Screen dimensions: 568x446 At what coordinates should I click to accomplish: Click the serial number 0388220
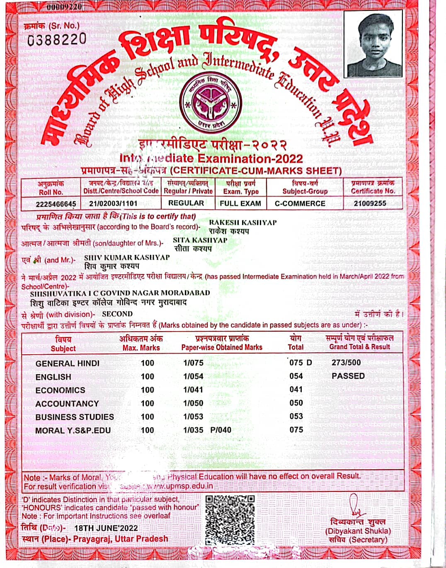point(57,39)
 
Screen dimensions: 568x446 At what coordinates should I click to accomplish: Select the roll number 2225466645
point(56,204)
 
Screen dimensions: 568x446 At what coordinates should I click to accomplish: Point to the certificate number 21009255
point(370,203)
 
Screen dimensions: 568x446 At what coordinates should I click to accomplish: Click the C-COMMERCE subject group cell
point(300,203)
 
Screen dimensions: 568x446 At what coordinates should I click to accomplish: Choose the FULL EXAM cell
point(240,203)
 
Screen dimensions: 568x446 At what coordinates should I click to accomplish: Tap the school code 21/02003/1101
point(113,204)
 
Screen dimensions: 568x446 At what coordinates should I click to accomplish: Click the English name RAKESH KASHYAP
point(242,222)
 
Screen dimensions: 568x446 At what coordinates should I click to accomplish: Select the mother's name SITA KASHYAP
point(200,240)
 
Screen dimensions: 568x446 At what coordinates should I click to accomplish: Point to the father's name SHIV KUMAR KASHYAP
point(127,257)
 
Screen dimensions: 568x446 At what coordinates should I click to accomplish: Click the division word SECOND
point(117,314)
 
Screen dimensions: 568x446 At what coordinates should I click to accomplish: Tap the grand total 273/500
point(346,363)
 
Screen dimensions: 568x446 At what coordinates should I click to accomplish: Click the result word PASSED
point(348,376)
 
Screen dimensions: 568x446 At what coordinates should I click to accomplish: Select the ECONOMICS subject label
point(60,390)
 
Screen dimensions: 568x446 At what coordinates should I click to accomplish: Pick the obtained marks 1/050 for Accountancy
point(193,403)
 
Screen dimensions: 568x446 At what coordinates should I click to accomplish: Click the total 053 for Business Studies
point(296,416)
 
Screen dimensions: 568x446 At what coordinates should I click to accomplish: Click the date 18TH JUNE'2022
point(106,528)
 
